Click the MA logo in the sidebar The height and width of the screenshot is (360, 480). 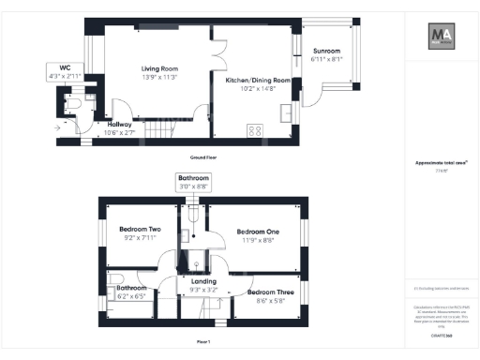pyautogui.click(x=443, y=37)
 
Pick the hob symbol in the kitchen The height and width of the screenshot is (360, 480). pyautogui.click(x=253, y=130)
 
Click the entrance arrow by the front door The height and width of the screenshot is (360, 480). pyautogui.click(x=58, y=126)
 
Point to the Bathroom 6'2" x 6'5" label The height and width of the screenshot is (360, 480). pyautogui.click(x=131, y=292)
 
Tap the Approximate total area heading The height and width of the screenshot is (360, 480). pyautogui.click(x=441, y=162)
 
